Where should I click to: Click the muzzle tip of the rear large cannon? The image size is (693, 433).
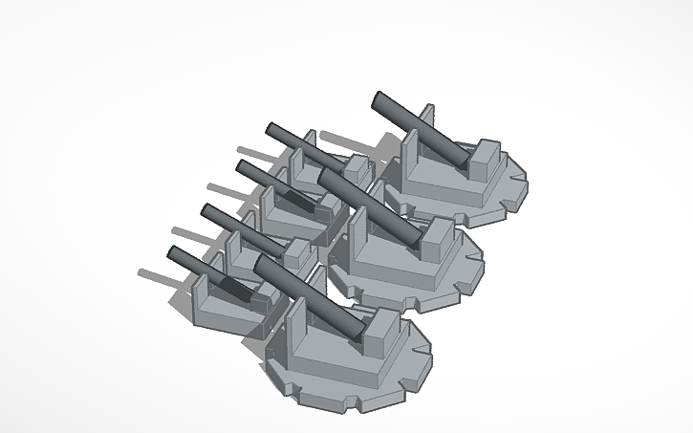coord(379,100)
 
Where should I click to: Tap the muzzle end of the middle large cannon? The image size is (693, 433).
coord(325,178)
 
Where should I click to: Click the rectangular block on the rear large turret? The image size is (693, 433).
coord(485,159)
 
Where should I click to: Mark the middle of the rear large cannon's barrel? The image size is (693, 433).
coord(422,132)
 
